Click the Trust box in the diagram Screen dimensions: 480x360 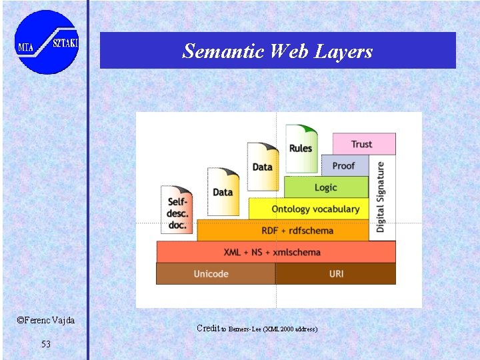pyautogui.click(x=363, y=144)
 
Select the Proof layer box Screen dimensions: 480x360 pyautogui.click(x=344, y=165)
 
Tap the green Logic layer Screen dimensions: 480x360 pyautogui.click(x=326, y=187)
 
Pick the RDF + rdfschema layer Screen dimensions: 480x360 pyautogui.click(x=283, y=230)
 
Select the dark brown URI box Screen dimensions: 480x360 pyautogui.click(x=335, y=274)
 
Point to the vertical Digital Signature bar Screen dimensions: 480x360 pyautogui.click(x=382, y=197)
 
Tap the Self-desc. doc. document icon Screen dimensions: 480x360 pyautogui.click(x=177, y=209)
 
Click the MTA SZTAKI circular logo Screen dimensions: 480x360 pyautogui.click(x=47, y=42)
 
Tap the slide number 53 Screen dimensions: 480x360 pyautogui.click(x=45, y=344)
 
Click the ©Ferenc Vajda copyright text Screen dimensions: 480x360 pyautogui.click(x=45, y=321)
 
